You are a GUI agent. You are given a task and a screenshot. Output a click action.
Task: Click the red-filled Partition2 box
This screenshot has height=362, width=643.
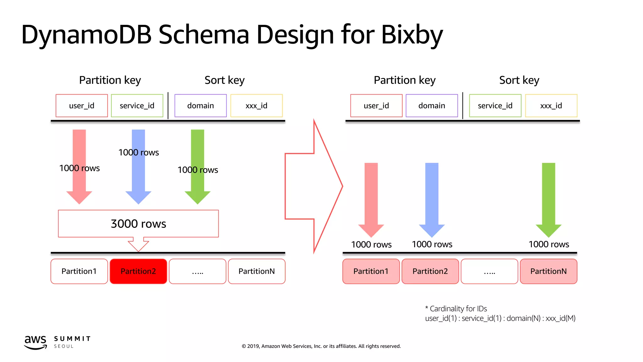[138, 271]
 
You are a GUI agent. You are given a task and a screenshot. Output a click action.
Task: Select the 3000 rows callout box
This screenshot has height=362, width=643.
[138, 223]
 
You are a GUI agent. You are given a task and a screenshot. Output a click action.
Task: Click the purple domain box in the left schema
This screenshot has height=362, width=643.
[200, 106]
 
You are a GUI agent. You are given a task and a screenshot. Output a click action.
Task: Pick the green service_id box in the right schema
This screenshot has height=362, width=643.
[495, 106]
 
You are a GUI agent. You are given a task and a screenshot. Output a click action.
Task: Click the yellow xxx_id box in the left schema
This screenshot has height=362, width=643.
[256, 106]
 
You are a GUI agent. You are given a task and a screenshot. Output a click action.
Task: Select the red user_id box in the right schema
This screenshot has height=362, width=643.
[376, 106]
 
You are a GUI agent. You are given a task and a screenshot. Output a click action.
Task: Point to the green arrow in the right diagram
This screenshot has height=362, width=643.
[548, 198]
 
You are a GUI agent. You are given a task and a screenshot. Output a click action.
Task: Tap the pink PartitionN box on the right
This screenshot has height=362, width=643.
[548, 271]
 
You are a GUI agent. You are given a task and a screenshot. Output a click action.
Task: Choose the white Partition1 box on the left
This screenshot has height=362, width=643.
[79, 271]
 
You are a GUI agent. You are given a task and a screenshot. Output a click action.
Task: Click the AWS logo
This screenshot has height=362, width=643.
[35, 342]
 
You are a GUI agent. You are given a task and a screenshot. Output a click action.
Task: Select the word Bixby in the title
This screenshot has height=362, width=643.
[412, 35]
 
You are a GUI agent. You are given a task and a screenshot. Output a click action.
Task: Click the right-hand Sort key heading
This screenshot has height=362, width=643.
[519, 80]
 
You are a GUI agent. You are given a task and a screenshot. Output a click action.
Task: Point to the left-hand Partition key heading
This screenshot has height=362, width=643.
[110, 80]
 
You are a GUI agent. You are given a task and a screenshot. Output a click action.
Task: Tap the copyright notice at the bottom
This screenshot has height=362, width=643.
[321, 346]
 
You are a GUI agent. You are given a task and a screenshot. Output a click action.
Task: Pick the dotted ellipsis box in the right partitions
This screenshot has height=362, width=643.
[489, 271]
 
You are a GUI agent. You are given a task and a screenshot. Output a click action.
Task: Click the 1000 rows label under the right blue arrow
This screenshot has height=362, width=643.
[432, 244]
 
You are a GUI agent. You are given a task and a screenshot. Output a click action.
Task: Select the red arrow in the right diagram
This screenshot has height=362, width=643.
[371, 198]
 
